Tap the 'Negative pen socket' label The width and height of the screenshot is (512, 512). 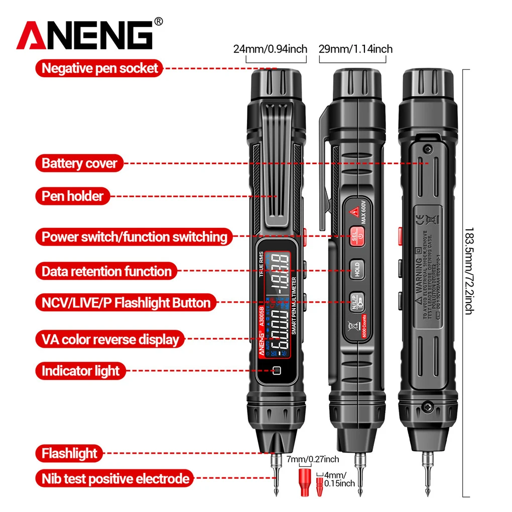pyautogui.click(x=99, y=68)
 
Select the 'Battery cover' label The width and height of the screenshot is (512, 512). pyautogui.click(x=79, y=163)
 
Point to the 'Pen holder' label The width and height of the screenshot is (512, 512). pyautogui.click(x=72, y=195)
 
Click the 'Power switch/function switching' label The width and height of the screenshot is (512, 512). pyautogui.click(x=134, y=236)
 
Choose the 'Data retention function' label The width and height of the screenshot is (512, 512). pyautogui.click(x=106, y=272)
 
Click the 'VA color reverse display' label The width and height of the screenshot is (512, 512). pyautogui.click(x=110, y=339)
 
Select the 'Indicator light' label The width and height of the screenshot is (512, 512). pyautogui.click(x=80, y=371)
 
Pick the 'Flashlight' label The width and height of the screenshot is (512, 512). pyautogui.click(x=69, y=453)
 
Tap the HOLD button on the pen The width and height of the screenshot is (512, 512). pyautogui.click(x=355, y=269)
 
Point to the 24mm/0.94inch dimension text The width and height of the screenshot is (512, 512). pyautogui.click(x=270, y=49)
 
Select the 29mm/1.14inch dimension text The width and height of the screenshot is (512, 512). pyautogui.click(x=355, y=49)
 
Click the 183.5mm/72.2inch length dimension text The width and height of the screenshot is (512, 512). pyautogui.click(x=468, y=270)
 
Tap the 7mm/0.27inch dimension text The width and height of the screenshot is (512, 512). pyautogui.click(x=313, y=459)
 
